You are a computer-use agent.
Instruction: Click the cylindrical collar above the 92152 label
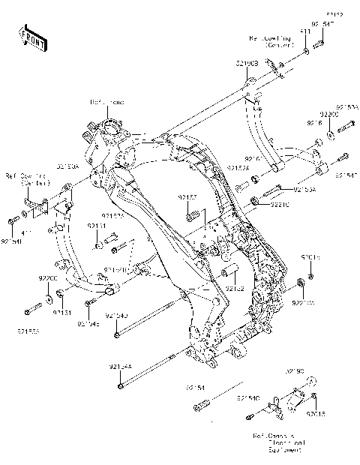pos(231,269)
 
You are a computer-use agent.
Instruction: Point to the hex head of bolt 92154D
pos(118,334)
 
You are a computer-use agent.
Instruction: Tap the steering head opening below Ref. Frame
pos(115,133)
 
